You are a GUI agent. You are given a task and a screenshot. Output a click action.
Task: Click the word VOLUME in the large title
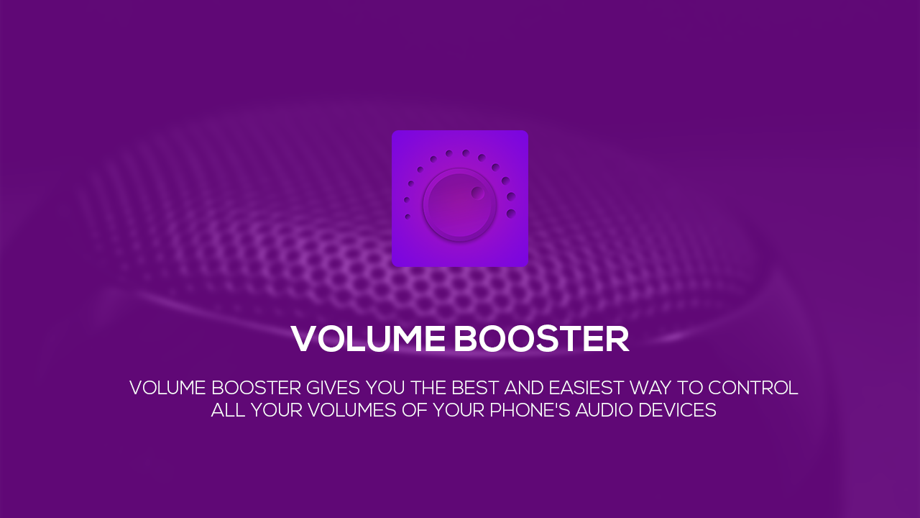tap(367, 339)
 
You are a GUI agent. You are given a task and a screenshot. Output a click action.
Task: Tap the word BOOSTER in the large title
tap(541, 339)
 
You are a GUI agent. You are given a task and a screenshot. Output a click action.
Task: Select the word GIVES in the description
tap(333, 388)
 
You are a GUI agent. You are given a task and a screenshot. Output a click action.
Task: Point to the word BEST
tap(475, 388)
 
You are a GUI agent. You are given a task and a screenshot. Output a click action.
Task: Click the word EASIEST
tap(586, 388)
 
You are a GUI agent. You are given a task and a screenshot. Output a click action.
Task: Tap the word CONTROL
tap(753, 388)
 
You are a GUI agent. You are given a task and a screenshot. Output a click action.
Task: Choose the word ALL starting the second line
tap(228, 410)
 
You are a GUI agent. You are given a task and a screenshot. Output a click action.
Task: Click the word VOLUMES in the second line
tap(352, 410)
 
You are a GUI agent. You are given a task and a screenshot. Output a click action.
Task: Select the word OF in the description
tap(415, 410)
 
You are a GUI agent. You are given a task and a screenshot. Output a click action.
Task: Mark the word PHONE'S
tap(530, 410)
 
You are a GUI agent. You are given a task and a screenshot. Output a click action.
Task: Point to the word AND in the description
tap(524, 388)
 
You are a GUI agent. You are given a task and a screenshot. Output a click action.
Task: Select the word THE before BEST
tap(428, 388)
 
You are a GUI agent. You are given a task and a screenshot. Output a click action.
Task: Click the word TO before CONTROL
tap(689, 388)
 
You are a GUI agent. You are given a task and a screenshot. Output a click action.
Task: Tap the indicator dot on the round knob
tap(478, 193)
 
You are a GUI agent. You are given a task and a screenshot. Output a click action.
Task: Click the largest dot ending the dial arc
tap(511, 214)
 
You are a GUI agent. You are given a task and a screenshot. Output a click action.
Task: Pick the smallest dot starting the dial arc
tap(408, 217)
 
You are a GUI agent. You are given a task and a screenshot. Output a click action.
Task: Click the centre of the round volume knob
tap(459, 204)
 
